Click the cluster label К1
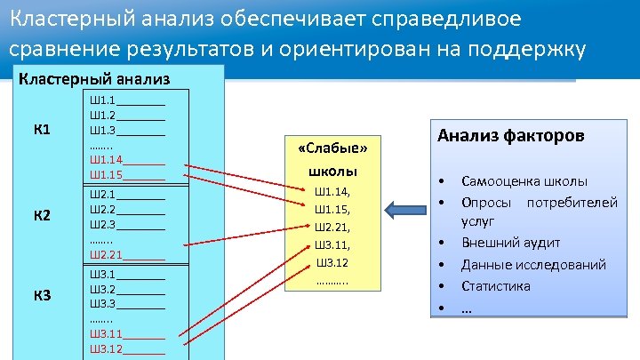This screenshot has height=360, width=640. coord(42,130)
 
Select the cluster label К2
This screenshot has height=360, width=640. coord(42,216)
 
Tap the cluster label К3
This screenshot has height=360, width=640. coord(42,294)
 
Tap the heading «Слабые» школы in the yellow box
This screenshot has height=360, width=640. coord(332,159)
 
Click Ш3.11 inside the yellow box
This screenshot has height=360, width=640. coord(332,245)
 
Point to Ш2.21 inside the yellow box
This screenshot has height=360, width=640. coord(332,228)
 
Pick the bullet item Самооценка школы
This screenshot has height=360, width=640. coord(524,181)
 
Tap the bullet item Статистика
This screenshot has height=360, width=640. coord(495,286)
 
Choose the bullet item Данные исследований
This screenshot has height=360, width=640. coord(533,264)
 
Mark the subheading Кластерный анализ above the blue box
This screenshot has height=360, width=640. coord(94,78)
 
